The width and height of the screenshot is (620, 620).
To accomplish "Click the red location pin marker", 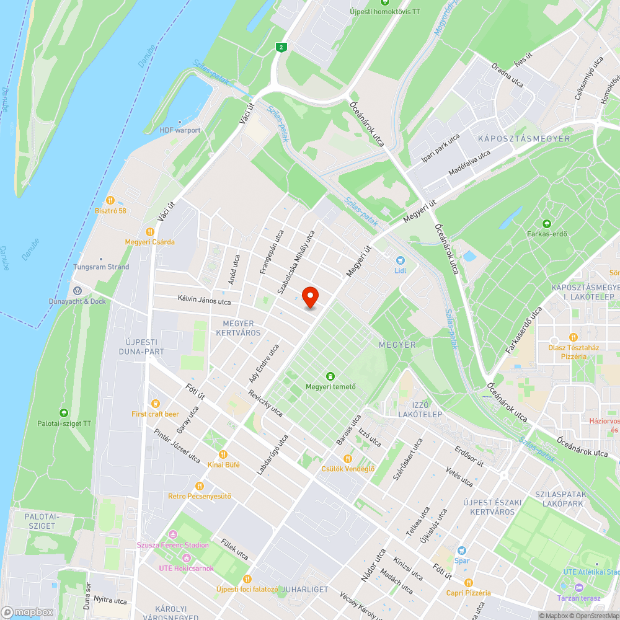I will pos(310,297).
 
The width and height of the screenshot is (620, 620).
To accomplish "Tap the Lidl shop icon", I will pos(400,260).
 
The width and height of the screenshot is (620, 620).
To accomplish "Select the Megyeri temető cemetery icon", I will pos(330,376).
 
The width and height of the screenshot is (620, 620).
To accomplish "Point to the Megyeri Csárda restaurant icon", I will pos(149,231).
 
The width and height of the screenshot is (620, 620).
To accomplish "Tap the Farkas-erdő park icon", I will pos(546,223).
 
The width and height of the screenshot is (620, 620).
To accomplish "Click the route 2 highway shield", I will pos(282,47).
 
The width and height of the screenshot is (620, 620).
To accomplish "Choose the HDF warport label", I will pos(180,130).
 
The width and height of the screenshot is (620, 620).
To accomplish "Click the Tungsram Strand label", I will pos(102,267).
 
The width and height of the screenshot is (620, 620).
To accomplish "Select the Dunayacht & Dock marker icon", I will pos(77,290).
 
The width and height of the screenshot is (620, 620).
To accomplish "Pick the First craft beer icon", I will pos(155,403).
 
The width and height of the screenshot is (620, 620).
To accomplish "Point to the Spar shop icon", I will pos(461,551).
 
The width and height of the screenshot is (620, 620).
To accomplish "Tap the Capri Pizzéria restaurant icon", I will pos(468,582).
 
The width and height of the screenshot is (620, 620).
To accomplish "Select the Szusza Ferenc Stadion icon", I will pos(173,534).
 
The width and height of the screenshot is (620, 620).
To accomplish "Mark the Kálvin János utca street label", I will pos(203,302).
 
